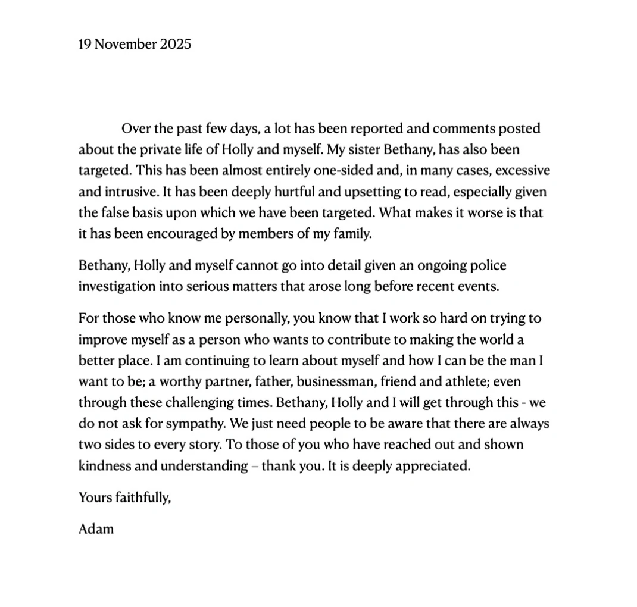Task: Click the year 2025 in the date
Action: click(x=176, y=44)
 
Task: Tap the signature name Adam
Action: click(x=96, y=528)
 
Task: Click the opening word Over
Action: click(x=135, y=128)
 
